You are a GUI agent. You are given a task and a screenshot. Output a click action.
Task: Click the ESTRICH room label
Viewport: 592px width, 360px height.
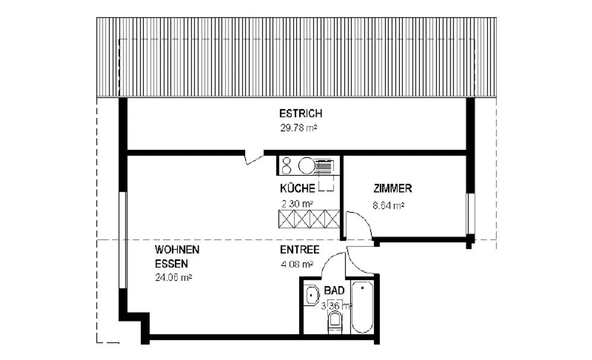[x=301, y=114]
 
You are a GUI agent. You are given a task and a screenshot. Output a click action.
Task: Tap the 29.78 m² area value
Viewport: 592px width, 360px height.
[x=298, y=128]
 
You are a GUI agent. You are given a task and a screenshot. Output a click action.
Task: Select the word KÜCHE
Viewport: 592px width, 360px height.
[x=297, y=188]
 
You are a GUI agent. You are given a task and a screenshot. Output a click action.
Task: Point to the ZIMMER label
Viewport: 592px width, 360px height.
[x=393, y=189]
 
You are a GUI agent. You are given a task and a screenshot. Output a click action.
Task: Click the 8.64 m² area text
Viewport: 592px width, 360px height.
[x=388, y=205]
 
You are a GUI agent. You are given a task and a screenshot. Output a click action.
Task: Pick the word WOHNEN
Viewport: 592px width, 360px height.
[x=177, y=250]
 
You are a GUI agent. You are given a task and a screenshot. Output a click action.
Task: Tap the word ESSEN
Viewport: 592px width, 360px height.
[x=171, y=264]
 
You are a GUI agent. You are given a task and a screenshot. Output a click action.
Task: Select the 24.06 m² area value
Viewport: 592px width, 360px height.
[x=173, y=278]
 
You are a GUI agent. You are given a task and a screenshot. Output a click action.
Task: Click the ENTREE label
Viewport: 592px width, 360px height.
[x=300, y=250]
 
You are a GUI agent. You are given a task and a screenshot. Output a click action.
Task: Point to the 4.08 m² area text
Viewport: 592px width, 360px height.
[x=297, y=265]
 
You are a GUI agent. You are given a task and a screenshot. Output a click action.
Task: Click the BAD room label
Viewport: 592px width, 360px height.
[x=334, y=291]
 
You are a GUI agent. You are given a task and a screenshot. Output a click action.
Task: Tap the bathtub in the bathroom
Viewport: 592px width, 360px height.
[x=362, y=307]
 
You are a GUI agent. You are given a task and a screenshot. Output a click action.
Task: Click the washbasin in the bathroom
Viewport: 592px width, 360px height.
[x=312, y=295]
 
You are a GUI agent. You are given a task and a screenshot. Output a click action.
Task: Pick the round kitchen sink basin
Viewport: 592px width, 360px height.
[x=306, y=166]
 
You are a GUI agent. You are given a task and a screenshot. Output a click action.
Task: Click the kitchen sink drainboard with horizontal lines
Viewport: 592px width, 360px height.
[x=325, y=166]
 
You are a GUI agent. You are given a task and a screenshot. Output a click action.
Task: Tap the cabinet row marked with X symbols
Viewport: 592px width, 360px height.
[x=309, y=219]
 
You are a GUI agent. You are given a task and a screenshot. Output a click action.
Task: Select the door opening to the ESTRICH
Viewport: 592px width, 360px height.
[x=254, y=158]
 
